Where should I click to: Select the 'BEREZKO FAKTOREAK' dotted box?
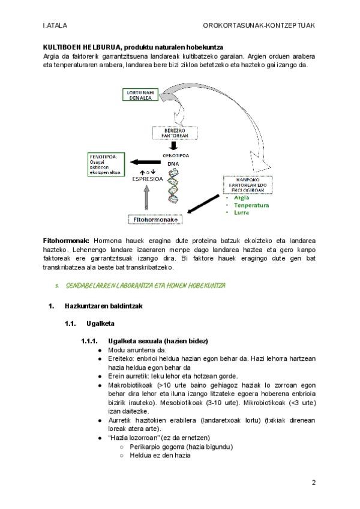click(x=174, y=133)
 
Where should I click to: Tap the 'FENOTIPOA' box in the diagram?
click(x=104, y=164)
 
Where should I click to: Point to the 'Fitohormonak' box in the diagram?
click(x=154, y=220)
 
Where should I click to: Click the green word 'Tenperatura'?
click(x=251, y=205)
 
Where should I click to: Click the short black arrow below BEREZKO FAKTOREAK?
click(x=173, y=146)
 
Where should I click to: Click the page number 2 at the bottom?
click(x=313, y=483)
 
